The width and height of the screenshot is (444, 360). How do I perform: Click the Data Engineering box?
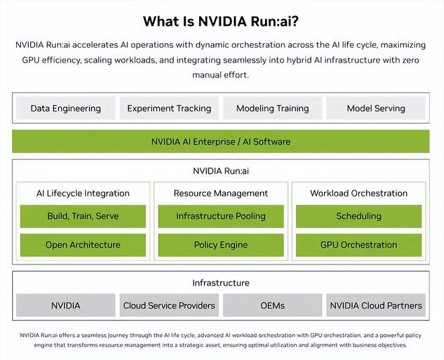pyautogui.click(x=66, y=108)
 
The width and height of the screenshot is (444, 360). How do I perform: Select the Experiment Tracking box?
pyautogui.click(x=169, y=108)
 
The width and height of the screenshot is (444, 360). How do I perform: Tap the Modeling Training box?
pyautogui.click(x=272, y=108)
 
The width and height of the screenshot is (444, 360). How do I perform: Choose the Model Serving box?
pyautogui.click(x=376, y=108)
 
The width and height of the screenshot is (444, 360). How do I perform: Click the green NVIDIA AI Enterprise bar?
pyautogui.click(x=221, y=141)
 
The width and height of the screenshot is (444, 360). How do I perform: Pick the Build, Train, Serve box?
pyautogui.click(x=83, y=216)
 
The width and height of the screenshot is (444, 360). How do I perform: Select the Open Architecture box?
pyautogui.click(x=83, y=245)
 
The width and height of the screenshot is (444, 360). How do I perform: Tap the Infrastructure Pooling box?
pyautogui.click(x=221, y=216)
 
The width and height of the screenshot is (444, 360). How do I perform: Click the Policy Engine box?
pyautogui.click(x=221, y=245)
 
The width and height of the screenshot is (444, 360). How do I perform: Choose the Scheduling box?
pyautogui.click(x=359, y=216)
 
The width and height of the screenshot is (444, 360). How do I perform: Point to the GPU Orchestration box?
pyautogui.click(x=359, y=245)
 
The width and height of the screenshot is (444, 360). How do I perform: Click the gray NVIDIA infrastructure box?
pyautogui.click(x=66, y=305)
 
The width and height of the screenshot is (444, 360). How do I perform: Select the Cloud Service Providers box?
pyautogui.click(x=169, y=305)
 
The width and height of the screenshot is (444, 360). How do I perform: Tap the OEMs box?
pyautogui.click(x=272, y=305)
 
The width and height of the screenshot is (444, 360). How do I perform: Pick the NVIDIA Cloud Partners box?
pyautogui.click(x=376, y=305)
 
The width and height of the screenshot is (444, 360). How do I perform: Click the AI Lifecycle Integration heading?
pyautogui.click(x=83, y=193)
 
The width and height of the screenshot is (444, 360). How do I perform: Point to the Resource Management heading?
pyautogui.click(x=221, y=193)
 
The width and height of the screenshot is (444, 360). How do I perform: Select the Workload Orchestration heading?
pyautogui.click(x=359, y=193)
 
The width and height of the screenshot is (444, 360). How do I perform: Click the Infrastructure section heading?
pyautogui.click(x=221, y=283)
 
